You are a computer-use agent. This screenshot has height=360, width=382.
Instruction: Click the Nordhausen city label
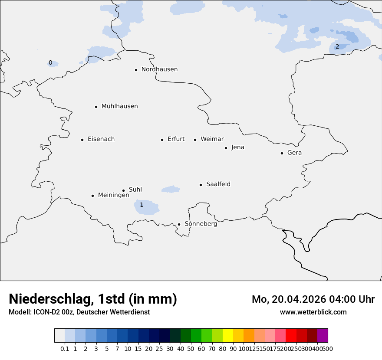point(159,69)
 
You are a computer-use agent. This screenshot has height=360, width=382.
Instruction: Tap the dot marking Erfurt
point(162,140)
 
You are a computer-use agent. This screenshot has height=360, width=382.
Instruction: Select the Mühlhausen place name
point(119,106)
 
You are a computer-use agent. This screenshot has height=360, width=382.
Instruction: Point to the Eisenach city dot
point(82,140)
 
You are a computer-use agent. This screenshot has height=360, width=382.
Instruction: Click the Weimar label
point(212,139)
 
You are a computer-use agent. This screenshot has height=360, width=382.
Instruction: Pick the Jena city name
point(237,147)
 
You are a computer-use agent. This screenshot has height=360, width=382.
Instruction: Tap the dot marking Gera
point(282,153)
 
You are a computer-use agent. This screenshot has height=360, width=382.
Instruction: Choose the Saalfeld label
point(218,184)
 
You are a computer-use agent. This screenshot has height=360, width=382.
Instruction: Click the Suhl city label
point(135,190)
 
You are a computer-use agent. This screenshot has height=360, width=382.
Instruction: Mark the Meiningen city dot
point(92,196)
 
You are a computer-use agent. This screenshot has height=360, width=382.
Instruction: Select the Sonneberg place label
point(201,224)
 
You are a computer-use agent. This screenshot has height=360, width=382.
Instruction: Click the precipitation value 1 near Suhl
point(142,205)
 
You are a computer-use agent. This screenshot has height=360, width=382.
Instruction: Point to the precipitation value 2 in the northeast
point(337,46)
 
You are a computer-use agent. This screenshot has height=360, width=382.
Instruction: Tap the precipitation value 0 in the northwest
point(50,63)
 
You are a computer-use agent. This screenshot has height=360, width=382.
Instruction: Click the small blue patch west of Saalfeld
point(171,189)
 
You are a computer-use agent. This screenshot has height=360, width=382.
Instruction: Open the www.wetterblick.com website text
point(313,312)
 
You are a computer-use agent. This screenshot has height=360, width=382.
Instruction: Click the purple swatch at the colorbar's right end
point(323,336)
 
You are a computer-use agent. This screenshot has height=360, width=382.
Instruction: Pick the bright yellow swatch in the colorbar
point(228,336)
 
